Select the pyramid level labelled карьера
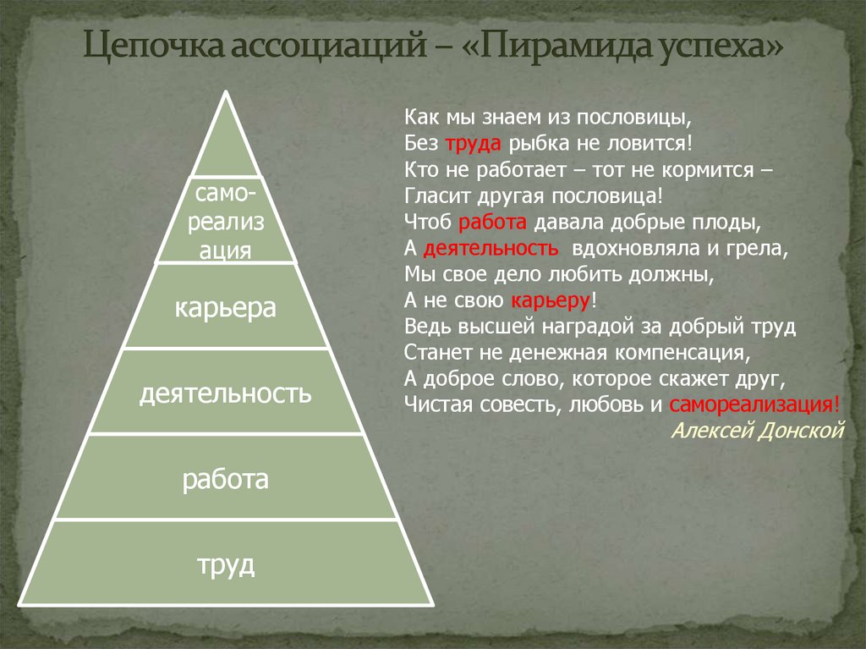click(x=226, y=307)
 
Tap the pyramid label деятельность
click(x=226, y=393)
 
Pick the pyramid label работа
click(x=226, y=480)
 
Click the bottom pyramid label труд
click(x=226, y=564)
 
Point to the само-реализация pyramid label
click(x=226, y=222)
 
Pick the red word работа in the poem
click(x=493, y=223)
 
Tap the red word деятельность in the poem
click(x=491, y=250)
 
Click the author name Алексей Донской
click(x=758, y=430)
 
